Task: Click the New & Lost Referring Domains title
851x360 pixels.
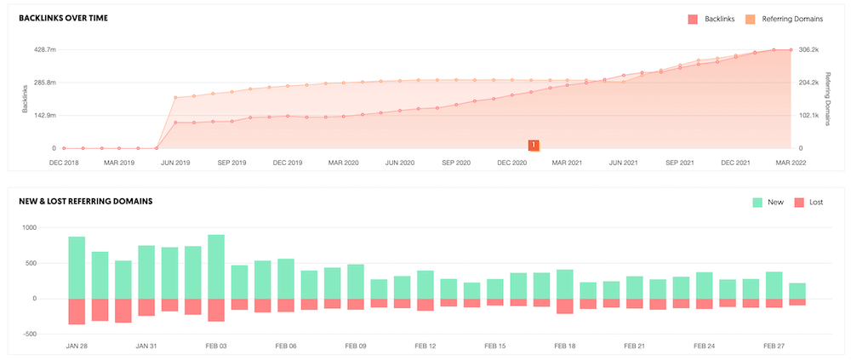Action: coord(85,202)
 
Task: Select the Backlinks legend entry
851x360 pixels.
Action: coord(713,18)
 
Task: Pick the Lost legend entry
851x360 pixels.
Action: coord(809,202)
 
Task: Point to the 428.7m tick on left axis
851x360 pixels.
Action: coord(44,50)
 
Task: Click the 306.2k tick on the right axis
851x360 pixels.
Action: coord(808,50)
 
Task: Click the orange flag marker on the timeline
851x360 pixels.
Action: coord(534,146)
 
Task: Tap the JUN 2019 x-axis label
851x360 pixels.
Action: coord(176,162)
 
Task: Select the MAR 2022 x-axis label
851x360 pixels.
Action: coord(791,162)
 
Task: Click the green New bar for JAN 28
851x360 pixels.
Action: coord(77,267)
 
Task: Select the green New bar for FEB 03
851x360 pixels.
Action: coord(216,266)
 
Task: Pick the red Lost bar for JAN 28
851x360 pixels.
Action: coord(77,311)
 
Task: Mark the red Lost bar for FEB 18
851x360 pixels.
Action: coord(564,306)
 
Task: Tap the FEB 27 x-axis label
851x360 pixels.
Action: coord(774,346)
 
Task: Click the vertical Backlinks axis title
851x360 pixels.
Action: coord(25,99)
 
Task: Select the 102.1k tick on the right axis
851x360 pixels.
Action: coord(808,116)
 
